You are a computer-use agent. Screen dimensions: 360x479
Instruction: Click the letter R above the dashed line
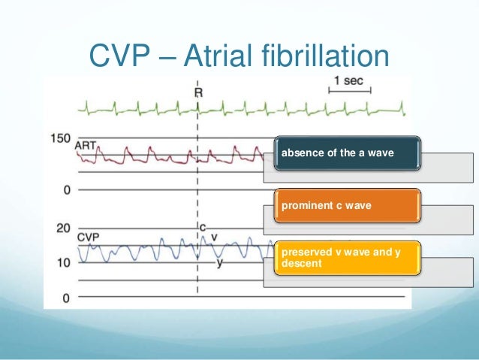(198, 92)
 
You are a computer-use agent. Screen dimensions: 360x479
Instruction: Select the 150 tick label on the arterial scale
(60, 139)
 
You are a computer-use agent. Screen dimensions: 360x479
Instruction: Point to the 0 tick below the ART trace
(66, 190)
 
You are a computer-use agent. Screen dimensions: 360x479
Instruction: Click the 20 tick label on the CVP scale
(63, 228)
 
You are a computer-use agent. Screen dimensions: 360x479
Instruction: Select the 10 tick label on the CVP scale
(63, 262)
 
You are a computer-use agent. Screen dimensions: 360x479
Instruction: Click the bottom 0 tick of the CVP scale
(66, 298)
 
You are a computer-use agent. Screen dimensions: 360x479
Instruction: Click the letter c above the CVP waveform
(203, 226)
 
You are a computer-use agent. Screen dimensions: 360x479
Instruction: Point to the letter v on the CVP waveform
(214, 236)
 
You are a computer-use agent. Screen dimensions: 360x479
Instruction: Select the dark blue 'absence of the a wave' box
(346, 153)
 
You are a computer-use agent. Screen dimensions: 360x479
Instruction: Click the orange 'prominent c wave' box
(346, 205)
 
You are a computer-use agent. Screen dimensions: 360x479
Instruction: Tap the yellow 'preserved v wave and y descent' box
(346, 257)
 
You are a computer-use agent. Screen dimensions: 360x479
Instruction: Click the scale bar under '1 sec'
(349, 92)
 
